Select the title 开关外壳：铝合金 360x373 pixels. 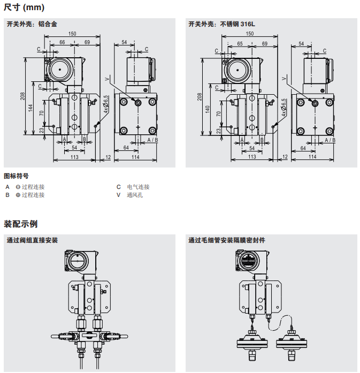tap(32, 24)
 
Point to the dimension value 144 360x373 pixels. tap(30, 108)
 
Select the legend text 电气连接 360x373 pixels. tap(138, 187)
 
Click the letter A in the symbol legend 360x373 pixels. tap(7, 187)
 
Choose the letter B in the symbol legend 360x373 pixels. tap(7, 195)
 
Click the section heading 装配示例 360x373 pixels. tap(21, 224)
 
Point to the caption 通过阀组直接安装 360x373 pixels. tap(32, 240)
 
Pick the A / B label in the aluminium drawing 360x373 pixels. tap(152, 140)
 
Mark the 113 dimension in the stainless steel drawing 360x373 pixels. tap(252, 156)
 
